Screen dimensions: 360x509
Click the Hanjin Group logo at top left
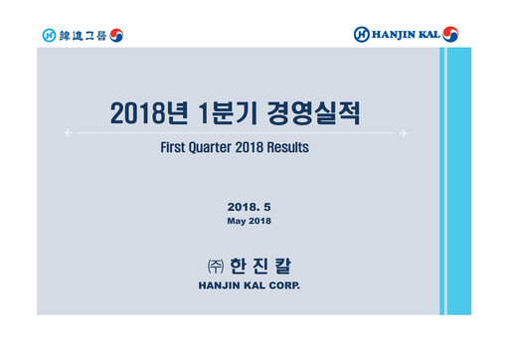(x=82, y=35)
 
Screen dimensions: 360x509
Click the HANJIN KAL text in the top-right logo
(x=405, y=35)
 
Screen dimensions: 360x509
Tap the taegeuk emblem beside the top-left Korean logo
(x=116, y=35)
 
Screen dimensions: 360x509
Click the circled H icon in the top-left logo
(x=49, y=35)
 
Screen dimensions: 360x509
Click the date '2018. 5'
(x=249, y=206)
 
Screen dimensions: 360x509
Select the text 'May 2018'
(x=249, y=220)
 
